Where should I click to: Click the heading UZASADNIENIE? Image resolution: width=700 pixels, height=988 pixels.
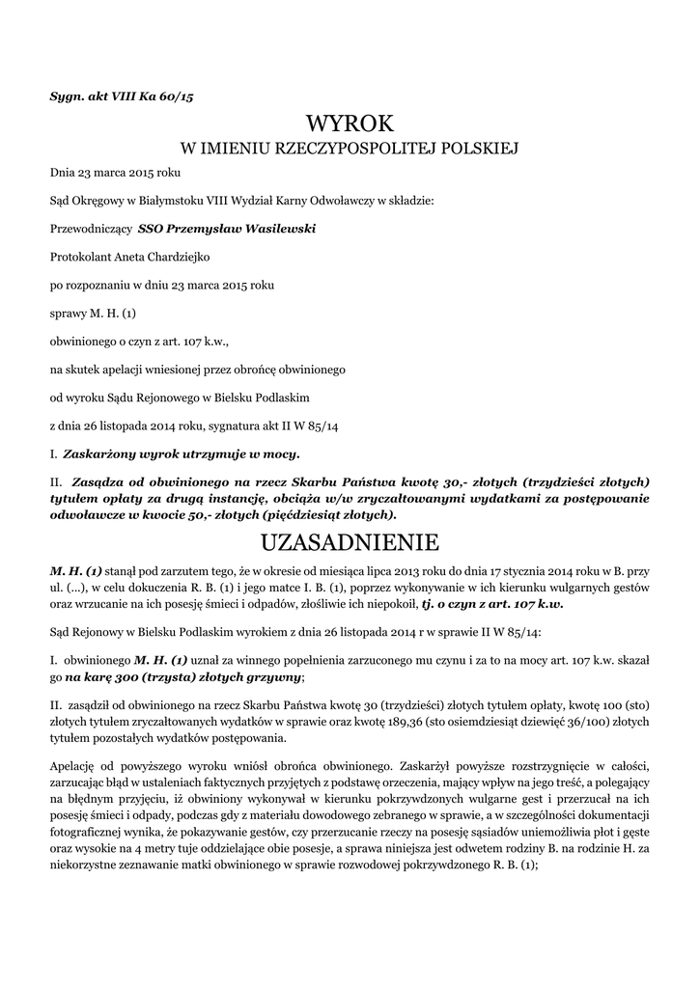(350, 539)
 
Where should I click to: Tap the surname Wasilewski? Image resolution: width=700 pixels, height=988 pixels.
(274, 229)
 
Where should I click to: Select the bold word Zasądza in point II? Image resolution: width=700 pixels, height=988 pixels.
(96, 480)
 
